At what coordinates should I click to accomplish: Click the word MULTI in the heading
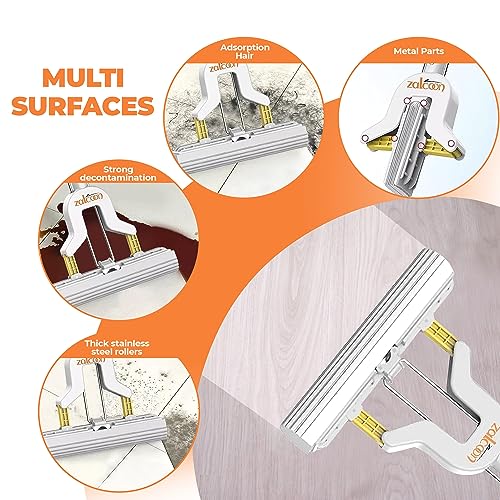pos(83,78)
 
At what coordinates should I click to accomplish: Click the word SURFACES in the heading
pos(83,106)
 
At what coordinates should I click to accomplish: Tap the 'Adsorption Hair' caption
pos(245,51)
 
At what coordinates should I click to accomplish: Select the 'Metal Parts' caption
pos(419,51)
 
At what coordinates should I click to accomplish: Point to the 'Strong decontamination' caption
pos(118,174)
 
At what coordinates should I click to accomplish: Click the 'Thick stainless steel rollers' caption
pos(117,347)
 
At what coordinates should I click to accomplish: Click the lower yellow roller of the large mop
pos(369,427)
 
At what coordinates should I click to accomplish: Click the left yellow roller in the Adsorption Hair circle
pos(201,130)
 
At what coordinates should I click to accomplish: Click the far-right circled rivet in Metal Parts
pos(451,143)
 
